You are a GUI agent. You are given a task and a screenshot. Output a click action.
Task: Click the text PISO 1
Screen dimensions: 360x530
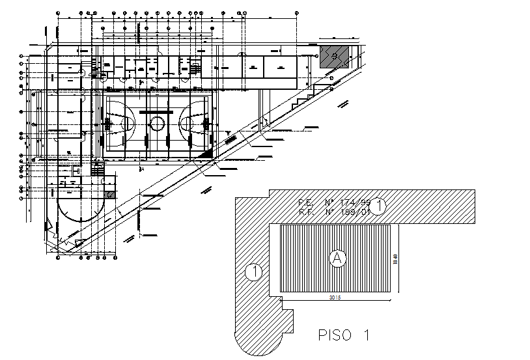point(344,336)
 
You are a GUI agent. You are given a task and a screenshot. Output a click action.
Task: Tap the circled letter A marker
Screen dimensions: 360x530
point(337,258)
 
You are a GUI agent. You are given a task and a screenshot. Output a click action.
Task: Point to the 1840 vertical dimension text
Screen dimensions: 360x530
point(395,260)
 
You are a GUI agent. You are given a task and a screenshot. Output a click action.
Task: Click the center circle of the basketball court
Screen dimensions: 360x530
point(157,124)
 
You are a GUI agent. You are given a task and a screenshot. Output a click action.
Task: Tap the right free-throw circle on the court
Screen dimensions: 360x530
point(188,123)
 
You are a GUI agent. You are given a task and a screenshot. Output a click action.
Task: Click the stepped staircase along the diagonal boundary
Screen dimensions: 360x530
point(301,98)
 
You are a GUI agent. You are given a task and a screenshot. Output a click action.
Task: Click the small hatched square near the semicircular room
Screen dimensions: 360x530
point(111,194)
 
